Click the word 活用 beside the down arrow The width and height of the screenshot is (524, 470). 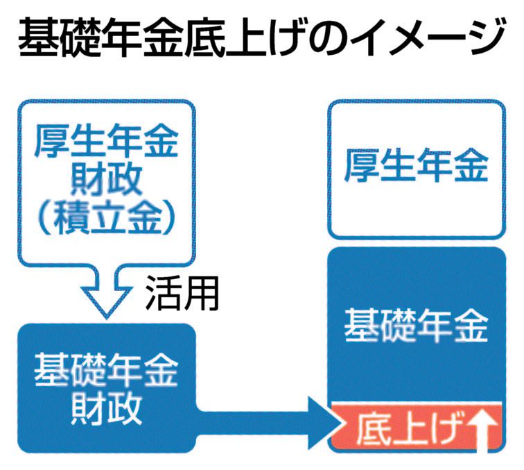click(182, 294)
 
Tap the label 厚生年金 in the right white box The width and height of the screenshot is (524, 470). click(417, 167)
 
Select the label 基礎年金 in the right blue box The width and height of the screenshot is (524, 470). click(417, 325)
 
